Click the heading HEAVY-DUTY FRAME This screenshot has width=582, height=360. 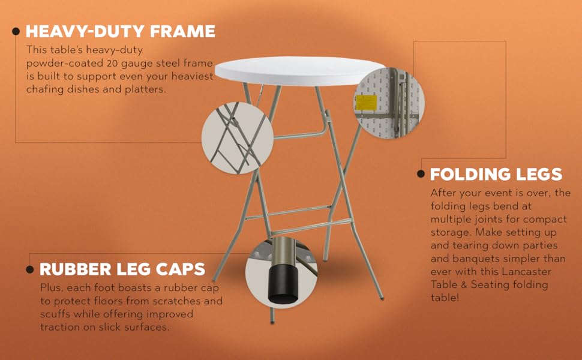(121, 31)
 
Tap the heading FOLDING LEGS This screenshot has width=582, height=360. (496, 175)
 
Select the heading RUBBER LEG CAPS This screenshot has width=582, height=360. (122, 269)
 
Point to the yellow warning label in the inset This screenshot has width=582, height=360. (366, 103)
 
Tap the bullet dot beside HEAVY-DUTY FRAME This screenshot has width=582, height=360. (16, 32)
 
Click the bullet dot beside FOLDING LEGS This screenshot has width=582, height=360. (421, 175)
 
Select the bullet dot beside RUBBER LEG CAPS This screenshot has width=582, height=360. (30, 269)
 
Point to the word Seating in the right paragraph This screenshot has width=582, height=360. (486, 285)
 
